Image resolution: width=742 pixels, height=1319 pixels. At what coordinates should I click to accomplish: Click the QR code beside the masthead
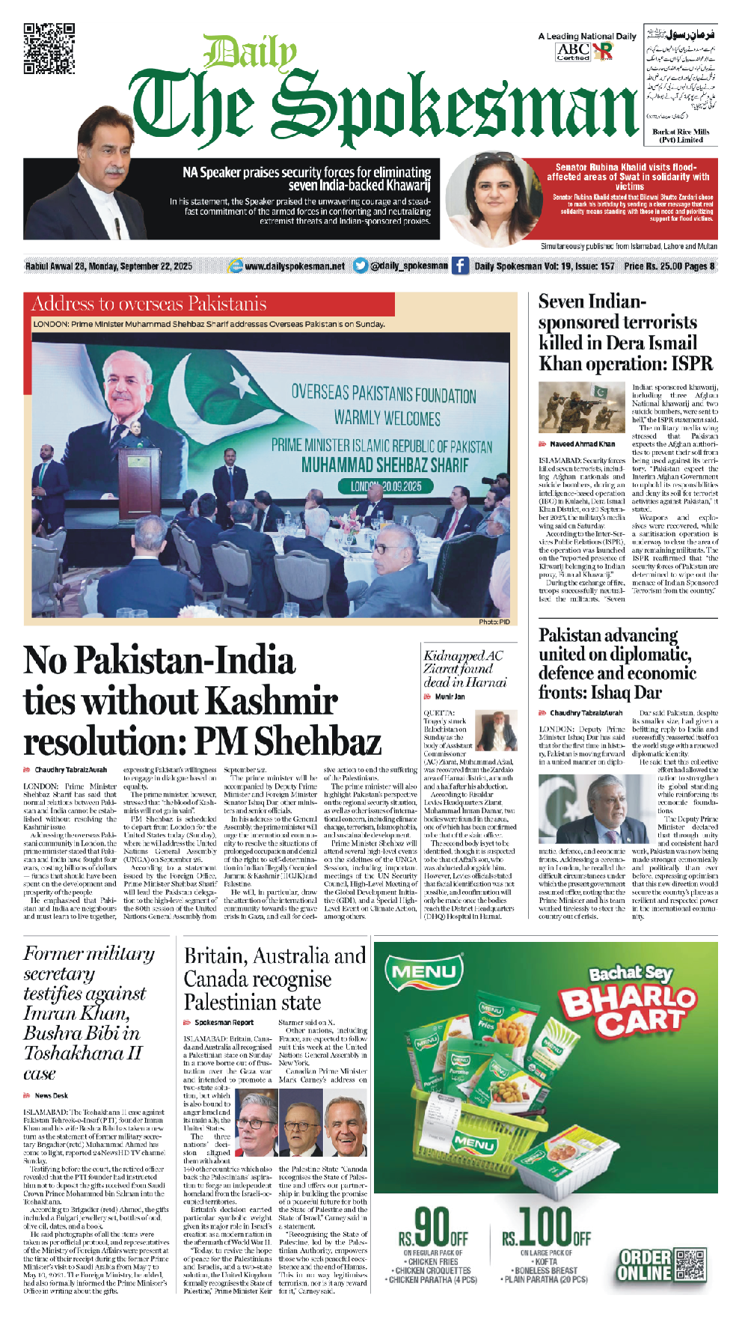pyautogui.click(x=49, y=49)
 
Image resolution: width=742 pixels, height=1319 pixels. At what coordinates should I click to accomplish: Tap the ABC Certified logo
pyautogui.click(x=574, y=51)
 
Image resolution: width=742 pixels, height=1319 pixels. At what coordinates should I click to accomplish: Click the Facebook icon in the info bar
pyautogui.click(x=460, y=266)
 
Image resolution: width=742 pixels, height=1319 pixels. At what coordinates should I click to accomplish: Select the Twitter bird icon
pyautogui.click(x=360, y=266)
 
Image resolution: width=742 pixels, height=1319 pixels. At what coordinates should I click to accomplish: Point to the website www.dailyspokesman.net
pyautogui.click(x=294, y=266)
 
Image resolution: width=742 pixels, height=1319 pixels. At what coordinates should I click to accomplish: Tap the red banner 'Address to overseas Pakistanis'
pyautogui.click(x=150, y=304)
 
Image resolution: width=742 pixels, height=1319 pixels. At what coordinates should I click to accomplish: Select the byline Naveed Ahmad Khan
pyautogui.click(x=582, y=444)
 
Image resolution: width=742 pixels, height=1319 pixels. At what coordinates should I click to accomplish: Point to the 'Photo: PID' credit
pyautogui.click(x=494, y=622)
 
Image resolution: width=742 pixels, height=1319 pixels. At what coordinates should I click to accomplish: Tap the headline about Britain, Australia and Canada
pyautogui.click(x=275, y=979)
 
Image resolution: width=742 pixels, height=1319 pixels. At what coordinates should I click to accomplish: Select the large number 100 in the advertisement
pyautogui.click(x=545, y=1227)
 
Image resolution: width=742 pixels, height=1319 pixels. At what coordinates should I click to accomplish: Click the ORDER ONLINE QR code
pyautogui.click(x=690, y=1264)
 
